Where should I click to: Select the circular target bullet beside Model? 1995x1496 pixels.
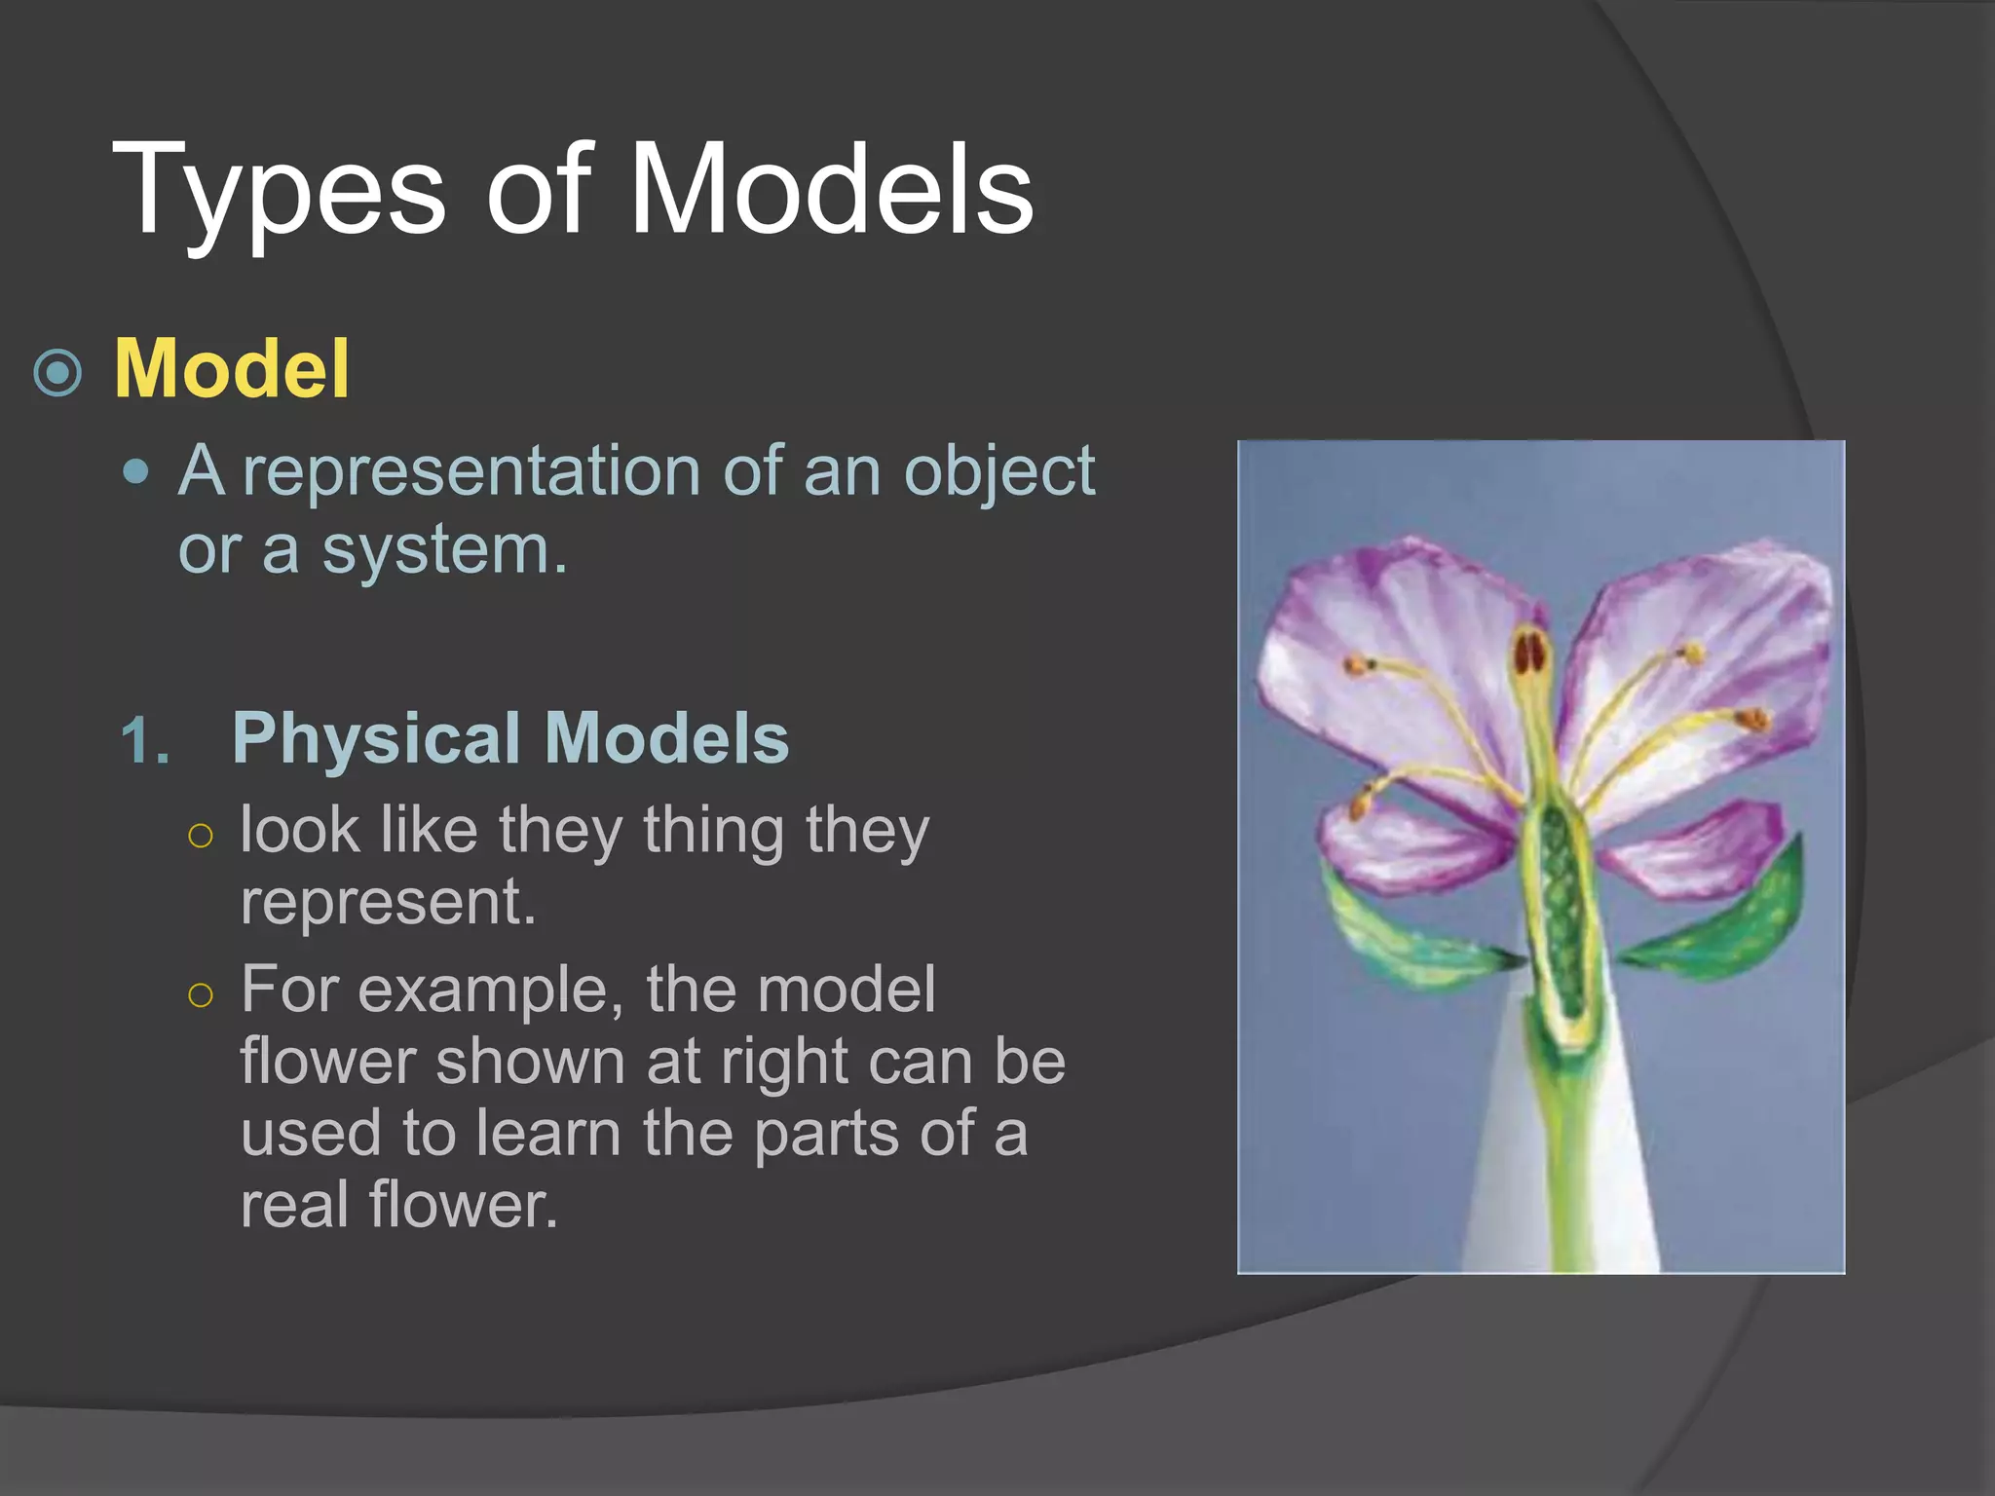[57, 372]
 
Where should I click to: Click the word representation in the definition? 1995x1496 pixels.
[471, 471]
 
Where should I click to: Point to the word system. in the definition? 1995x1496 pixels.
[444, 550]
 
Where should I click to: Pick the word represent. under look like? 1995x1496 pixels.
[388, 902]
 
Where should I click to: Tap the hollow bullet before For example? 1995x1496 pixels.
[201, 994]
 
